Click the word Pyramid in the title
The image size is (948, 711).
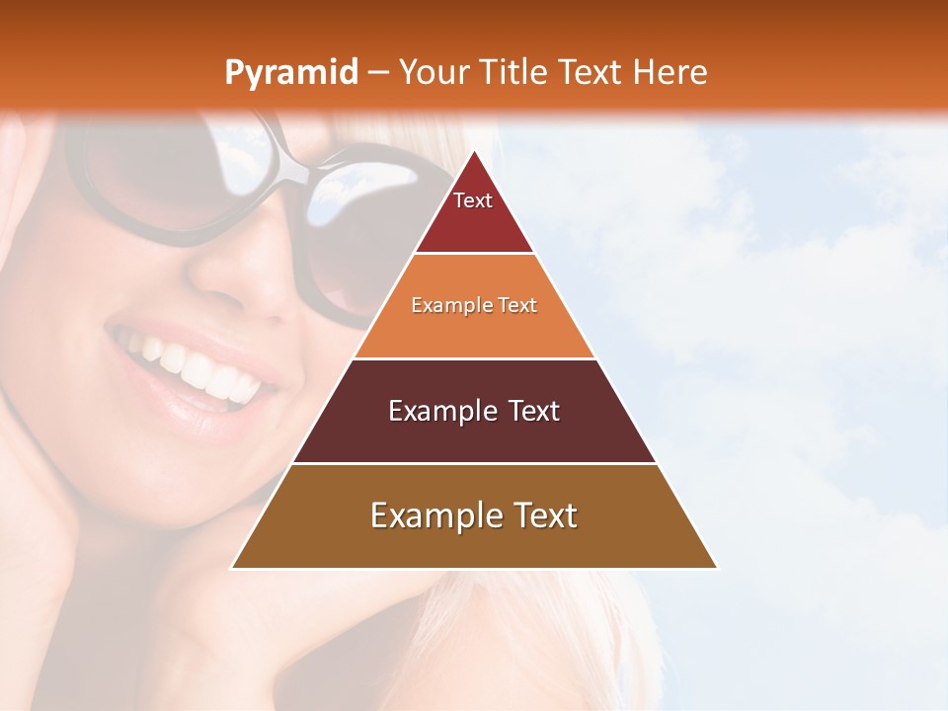click(x=290, y=73)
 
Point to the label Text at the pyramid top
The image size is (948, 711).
click(x=473, y=200)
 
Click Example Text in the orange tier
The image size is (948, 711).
click(x=474, y=305)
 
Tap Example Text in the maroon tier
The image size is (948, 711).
click(x=474, y=411)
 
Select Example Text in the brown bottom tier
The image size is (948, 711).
click(x=474, y=515)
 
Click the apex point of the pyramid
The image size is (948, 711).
click(x=475, y=152)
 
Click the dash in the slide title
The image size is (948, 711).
click(x=378, y=73)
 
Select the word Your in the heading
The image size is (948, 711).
click(x=431, y=72)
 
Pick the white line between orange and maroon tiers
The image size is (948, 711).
click(x=474, y=358)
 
